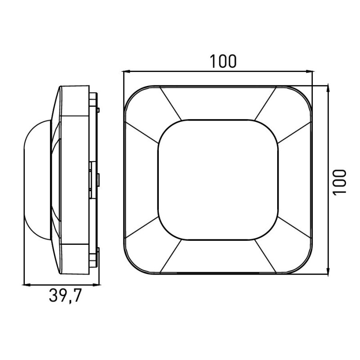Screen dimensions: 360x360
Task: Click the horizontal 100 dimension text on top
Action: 222,61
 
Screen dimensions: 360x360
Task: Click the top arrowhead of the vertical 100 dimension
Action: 328,88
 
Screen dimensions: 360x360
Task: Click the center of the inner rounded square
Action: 218,180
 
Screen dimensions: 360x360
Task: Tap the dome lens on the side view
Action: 36,180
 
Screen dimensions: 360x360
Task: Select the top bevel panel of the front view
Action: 218,103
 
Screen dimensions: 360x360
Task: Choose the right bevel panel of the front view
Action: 294,180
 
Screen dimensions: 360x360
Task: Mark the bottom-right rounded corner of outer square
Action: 304,266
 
